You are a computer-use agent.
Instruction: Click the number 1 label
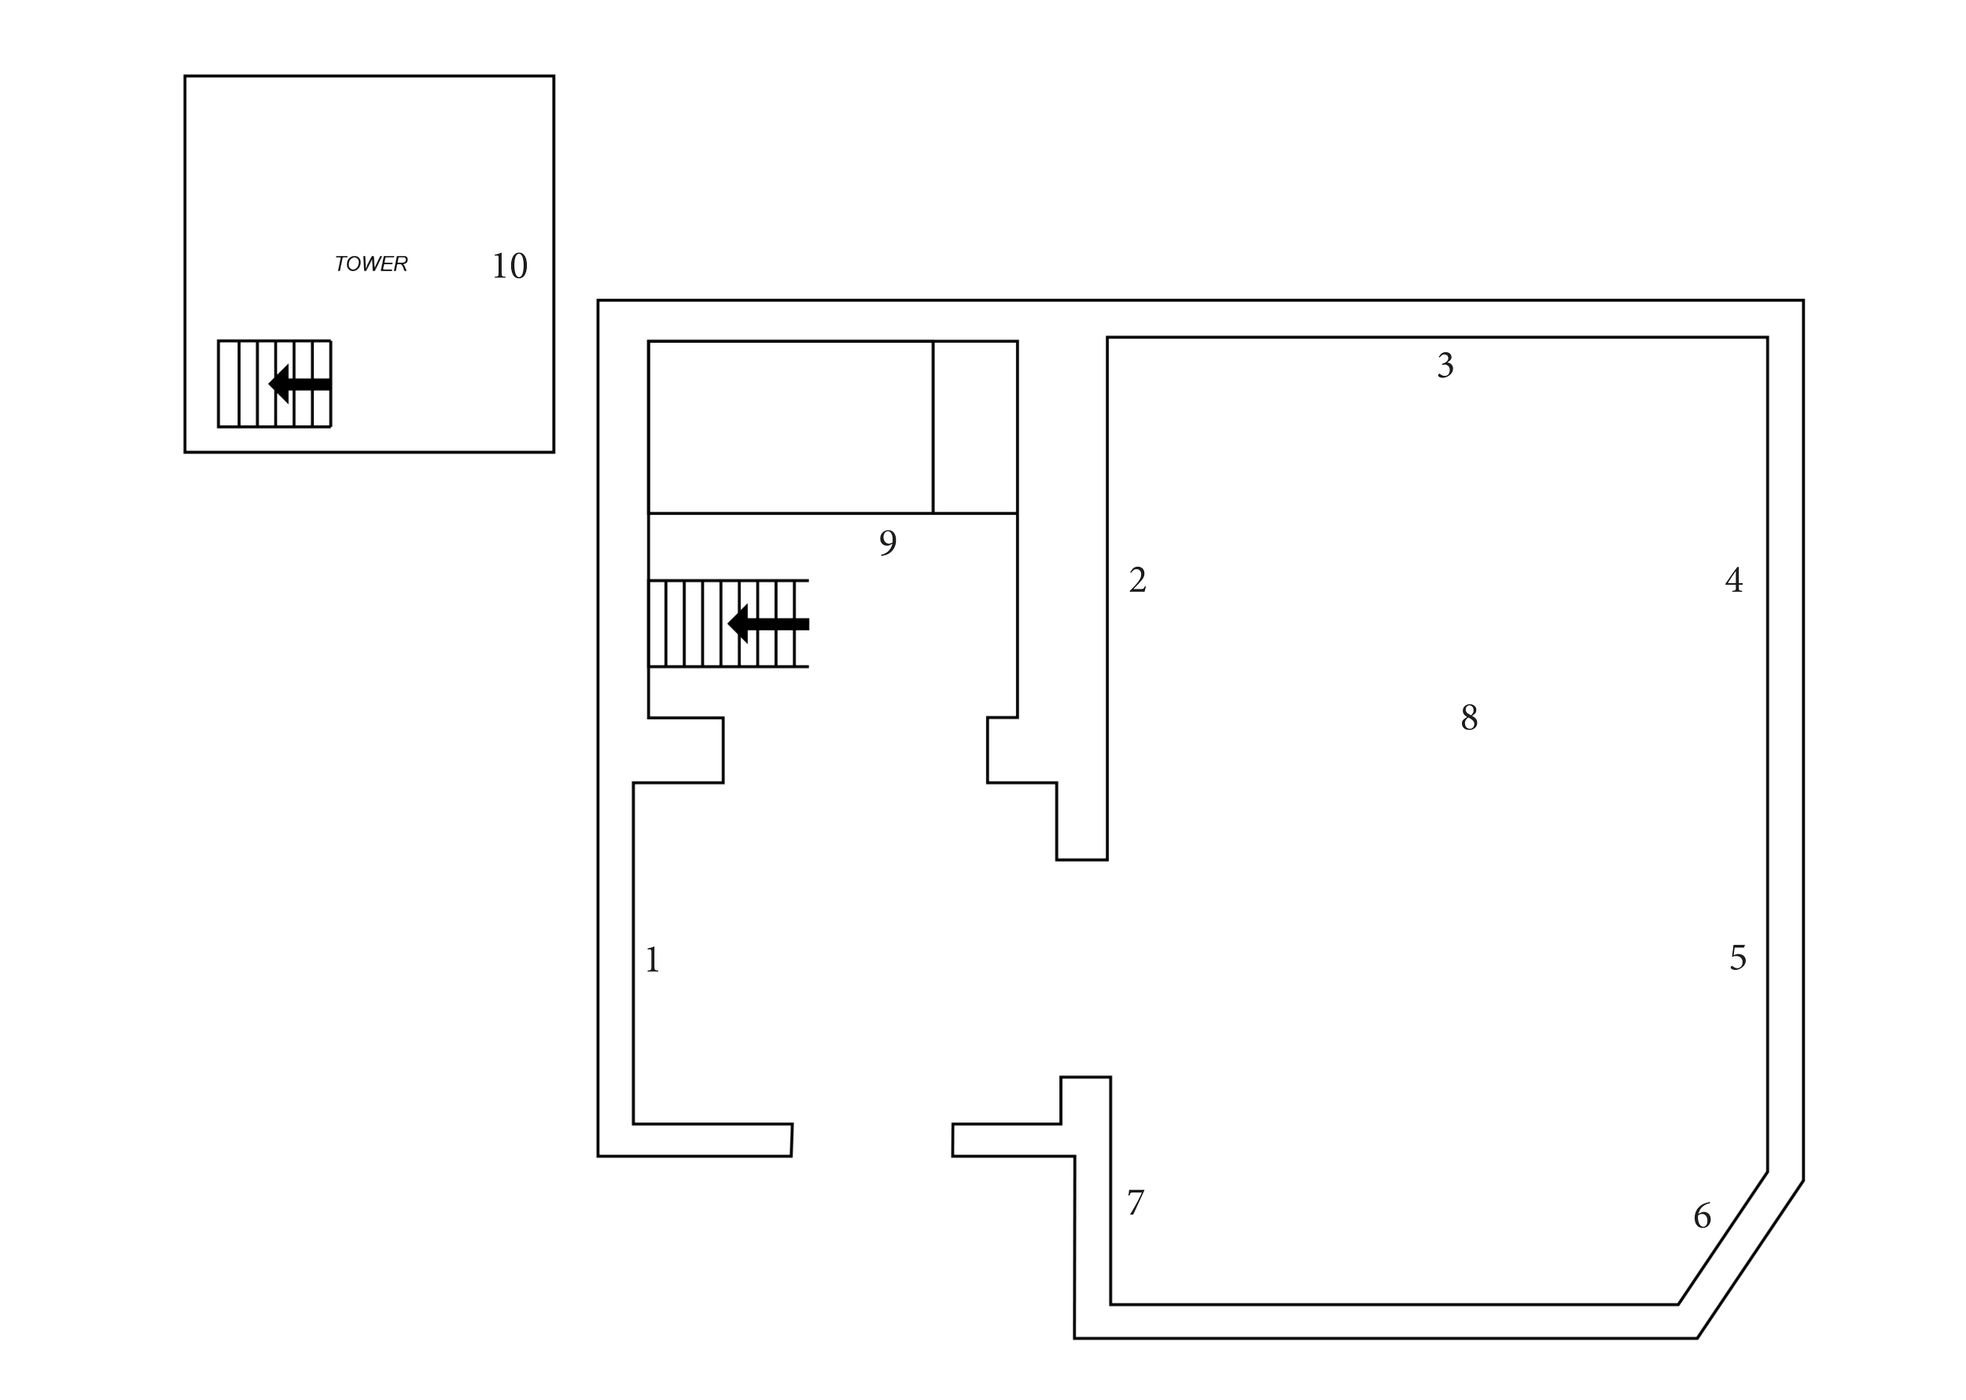[x=653, y=959]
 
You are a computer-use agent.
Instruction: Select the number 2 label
[x=1137, y=579]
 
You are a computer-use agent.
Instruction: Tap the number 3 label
[x=1445, y=366]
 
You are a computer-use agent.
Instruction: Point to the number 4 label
[x=1734, y=580]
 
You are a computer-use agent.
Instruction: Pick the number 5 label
[x=1737, y=957]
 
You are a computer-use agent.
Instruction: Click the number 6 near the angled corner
[x=1702, y=1214]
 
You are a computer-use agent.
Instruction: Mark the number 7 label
[x=1136, y=1202]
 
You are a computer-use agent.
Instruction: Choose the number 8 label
[x=1468, y=716]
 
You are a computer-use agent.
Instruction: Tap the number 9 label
[x=887, y=542]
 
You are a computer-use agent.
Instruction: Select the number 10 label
[x=510, y=266]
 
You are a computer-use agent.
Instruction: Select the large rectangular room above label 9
[x=790, y=427]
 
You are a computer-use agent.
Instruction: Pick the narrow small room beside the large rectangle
[x=975, y=427]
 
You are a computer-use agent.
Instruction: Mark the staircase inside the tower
[x=274, y=384]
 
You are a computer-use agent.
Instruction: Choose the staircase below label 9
[x=730, y=625]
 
